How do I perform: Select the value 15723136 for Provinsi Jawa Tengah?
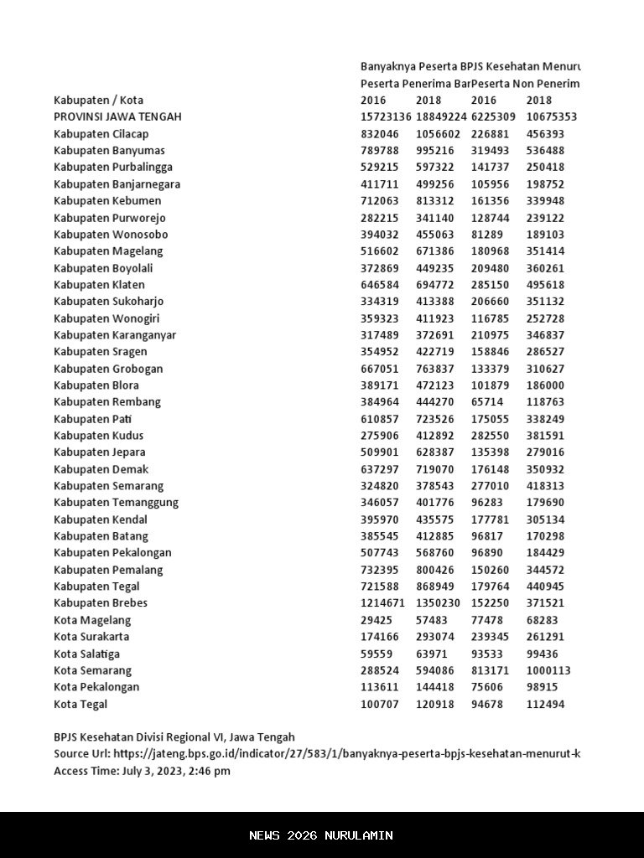click(x=386, y=117)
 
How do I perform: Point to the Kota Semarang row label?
click(x=92, y=670)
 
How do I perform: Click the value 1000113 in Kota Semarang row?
click(x=548, y=670)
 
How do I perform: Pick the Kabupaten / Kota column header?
click(x=98, y=101)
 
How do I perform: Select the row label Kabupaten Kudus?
click(x=98, y=436)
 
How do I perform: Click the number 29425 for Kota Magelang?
click(x=377, y=620)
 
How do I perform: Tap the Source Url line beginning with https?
click(x=317, y=754)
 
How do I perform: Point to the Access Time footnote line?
click(x=142, y=771)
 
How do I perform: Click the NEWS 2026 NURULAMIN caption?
click(x=321, y=835)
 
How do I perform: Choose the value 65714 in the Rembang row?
click(x=486, y=402)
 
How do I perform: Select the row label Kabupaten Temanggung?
click(x=116, y=503)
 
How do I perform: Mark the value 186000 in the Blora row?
click(x=545, y=385)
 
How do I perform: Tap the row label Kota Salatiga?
click(x=86, y=654)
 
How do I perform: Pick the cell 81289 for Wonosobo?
click(x=486, y=235)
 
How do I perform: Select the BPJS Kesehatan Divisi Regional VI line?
click(x=174, y=737)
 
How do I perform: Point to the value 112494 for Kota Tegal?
click(x=545, y=704)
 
